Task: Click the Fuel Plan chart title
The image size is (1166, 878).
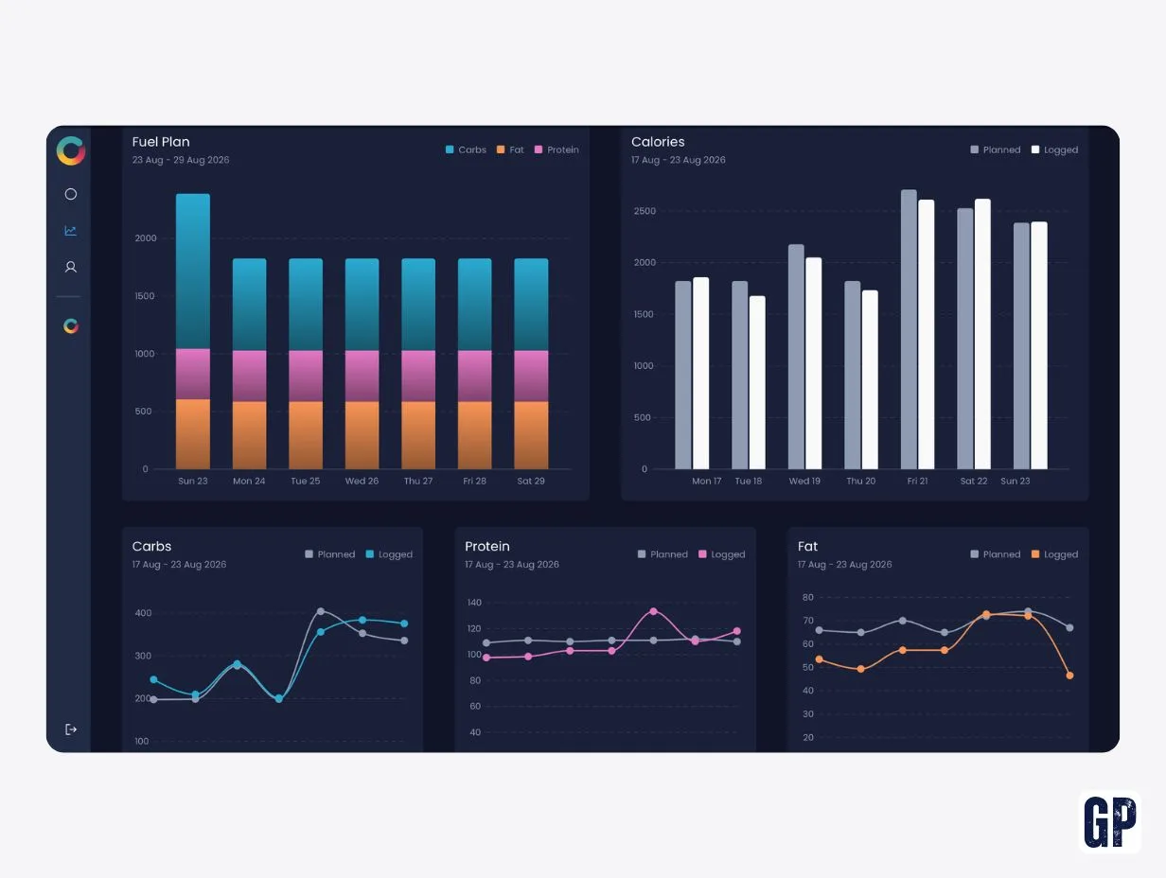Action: [x=161, y=142]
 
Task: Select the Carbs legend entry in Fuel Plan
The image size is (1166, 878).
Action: [x=466, y=149]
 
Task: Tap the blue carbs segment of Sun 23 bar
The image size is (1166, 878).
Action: [x=193, y=272]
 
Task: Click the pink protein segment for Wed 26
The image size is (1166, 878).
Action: [x=362, y=376]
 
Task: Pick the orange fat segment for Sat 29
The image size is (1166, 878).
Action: [x=531, y=435]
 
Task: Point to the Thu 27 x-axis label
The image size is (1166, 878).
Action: [x=418, y=481]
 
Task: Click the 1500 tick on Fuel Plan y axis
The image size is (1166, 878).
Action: [x=145, y=296]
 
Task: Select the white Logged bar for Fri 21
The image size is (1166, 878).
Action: [x=926, y=334]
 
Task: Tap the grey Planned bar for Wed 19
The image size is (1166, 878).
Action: [x=796, y=357]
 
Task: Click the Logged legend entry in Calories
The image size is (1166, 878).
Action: [x=1054, y=149]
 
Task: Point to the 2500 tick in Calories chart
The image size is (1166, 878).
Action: [x=645, y=211]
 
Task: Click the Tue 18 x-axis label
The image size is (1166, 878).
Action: [x=748, y=481]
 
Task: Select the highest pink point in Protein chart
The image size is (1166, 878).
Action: [x=653, y=611]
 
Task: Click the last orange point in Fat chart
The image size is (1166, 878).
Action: [x=1069, y=676]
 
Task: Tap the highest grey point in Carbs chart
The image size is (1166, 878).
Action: [x=320, y=611]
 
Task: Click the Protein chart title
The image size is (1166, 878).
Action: [x=487, y=546]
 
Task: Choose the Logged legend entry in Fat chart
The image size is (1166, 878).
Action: [x=1054, y=554]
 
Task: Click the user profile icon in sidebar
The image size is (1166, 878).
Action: [x=71, y=267]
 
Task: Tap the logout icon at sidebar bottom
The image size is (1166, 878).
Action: [x=71, y=729]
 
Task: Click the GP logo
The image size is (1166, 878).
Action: [x=1110, y=822]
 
